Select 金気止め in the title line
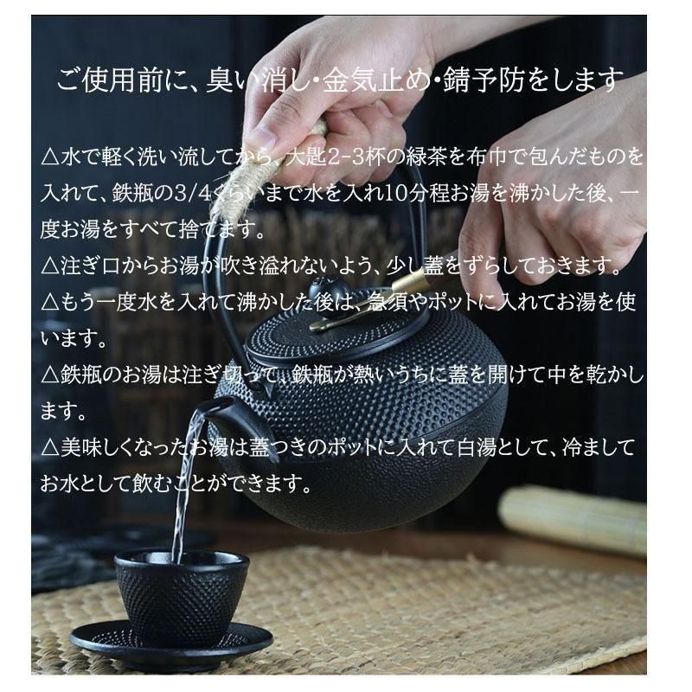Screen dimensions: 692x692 pyautogui.click(x=375, y=80)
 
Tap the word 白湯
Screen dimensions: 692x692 pyautogui.click(x=477, y=447)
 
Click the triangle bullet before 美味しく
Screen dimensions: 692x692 pyautogui.click(x=50, y=448)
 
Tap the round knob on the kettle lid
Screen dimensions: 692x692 pyautogui.click(x=322, y=289)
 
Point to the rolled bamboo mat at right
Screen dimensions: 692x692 pyautogui.click(x=573, y=521)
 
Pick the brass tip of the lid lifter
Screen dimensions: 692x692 pyautogui.click(x=408, y=279)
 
